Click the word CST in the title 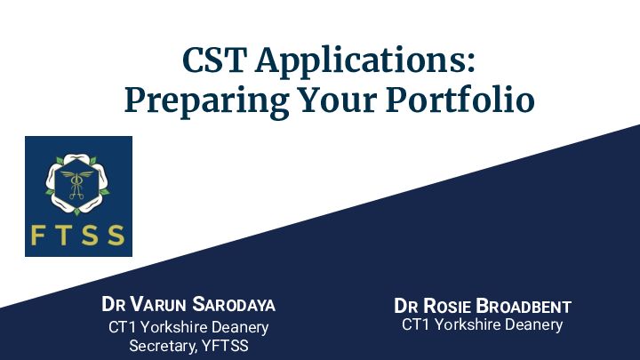point(214,60)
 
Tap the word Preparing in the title point(207,100)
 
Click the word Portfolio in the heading point(460,99)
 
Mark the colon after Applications point(471,64)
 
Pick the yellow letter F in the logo point(37,236)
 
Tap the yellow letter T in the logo point(63,236)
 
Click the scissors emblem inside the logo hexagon point(76,185)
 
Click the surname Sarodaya point(234,305)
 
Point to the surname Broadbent point(524,307)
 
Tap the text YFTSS point(225,346)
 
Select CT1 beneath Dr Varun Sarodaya point(122,327)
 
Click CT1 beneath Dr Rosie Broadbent point(415,325)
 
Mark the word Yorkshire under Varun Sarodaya point(174,327)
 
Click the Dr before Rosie point(405,307)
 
